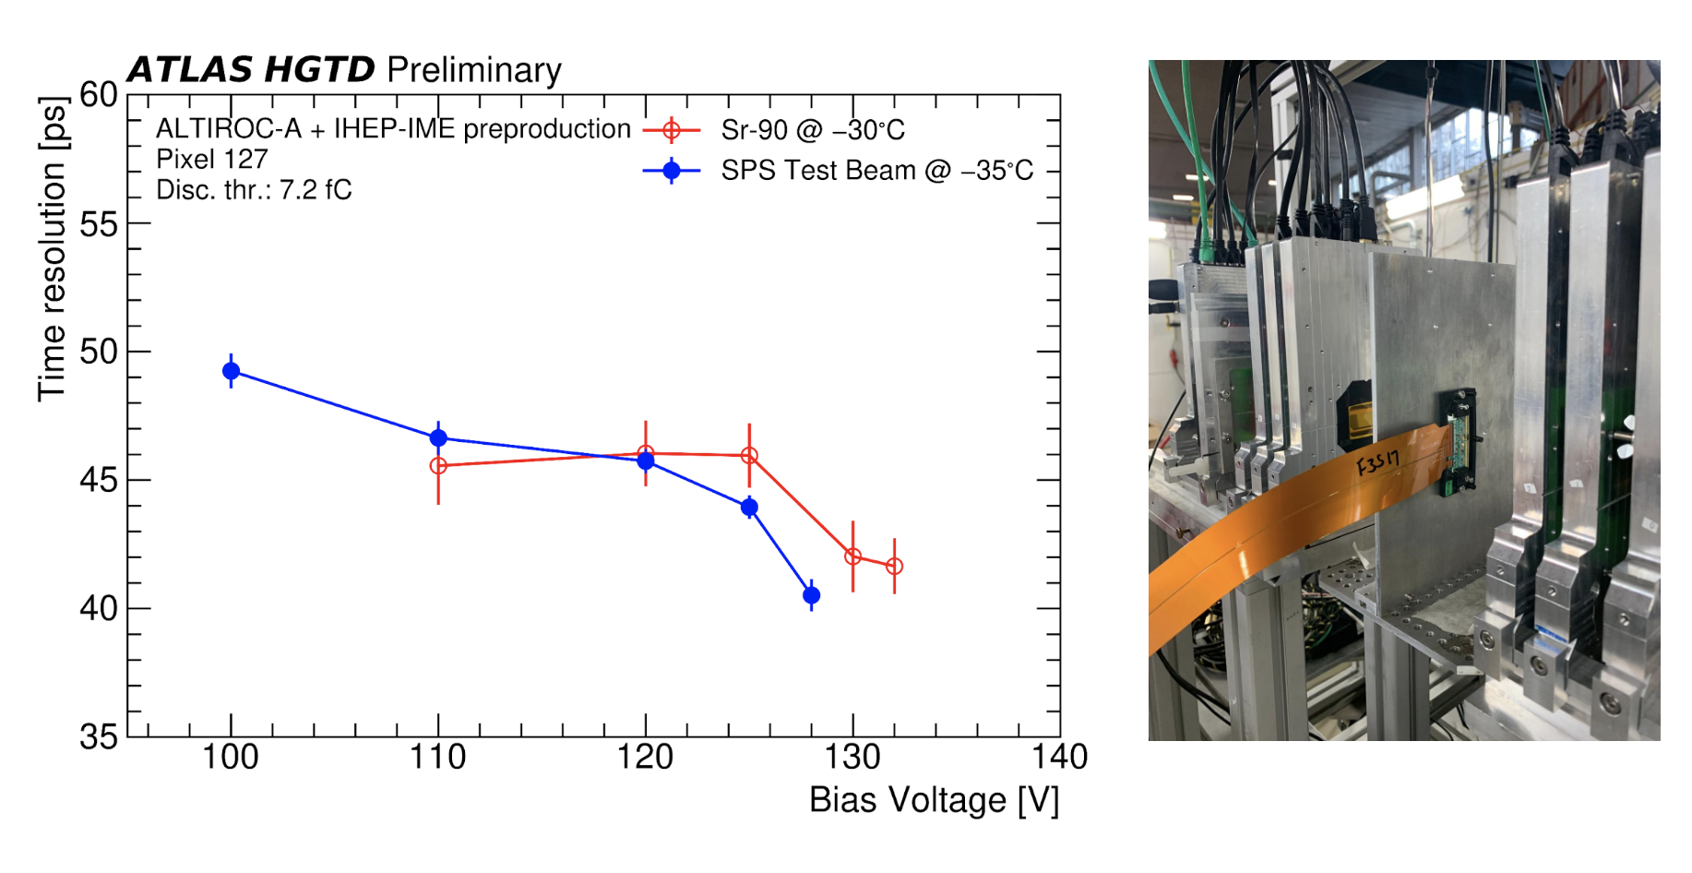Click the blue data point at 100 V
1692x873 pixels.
232,371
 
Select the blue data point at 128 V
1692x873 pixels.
811,595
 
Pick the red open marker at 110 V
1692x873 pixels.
438,466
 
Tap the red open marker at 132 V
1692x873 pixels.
894,566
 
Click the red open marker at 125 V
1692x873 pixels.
749,455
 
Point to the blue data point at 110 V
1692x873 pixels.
438,437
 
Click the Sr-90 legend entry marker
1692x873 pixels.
672,130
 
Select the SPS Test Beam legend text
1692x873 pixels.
876,171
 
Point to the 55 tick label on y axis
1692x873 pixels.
98,224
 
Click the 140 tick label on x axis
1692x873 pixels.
1059,758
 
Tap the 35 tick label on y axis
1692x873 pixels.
98,737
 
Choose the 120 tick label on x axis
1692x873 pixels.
645,758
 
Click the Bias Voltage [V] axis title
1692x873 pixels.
934,800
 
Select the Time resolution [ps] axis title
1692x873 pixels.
53,249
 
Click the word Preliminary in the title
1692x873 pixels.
474,70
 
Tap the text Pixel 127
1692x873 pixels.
212,160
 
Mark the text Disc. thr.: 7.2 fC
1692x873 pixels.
254,190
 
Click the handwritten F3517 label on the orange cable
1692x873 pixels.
1378,461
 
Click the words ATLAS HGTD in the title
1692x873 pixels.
251,70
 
